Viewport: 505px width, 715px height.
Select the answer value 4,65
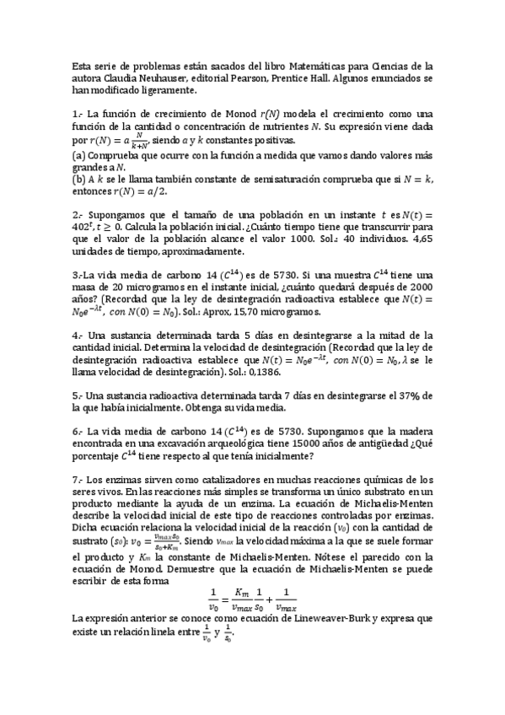coord(416,239)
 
